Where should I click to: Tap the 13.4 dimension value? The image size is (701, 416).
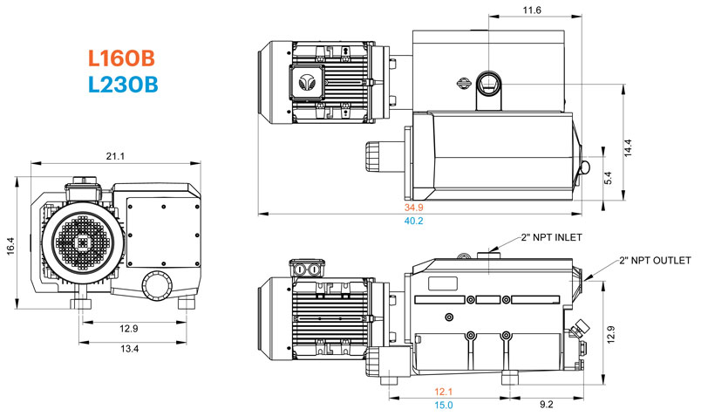[128, 349]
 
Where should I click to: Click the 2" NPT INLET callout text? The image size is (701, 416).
[551, 237]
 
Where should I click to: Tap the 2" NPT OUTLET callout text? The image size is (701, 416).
[654, 260]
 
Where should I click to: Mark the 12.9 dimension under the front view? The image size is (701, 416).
[128, 328]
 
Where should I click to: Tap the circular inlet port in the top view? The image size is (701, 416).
[487, 84]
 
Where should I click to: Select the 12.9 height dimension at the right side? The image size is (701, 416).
[610, 334]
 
